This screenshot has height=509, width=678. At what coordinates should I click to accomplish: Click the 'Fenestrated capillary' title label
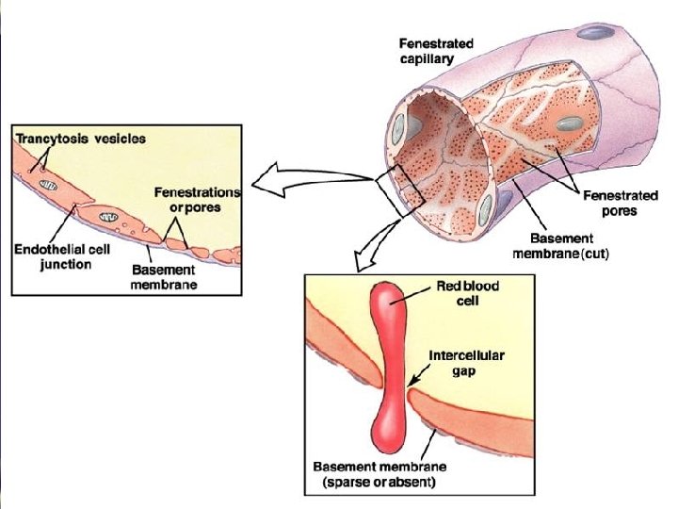(436, 51)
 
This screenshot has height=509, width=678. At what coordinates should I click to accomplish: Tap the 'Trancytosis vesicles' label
(80, 139)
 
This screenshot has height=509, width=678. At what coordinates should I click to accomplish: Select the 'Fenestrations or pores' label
(198, 199)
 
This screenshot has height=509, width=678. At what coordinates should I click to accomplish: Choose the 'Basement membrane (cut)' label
(562, 247)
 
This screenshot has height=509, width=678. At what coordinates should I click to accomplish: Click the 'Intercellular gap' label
(467, 363)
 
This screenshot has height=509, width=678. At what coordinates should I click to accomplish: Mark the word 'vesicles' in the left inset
(119, 139)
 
